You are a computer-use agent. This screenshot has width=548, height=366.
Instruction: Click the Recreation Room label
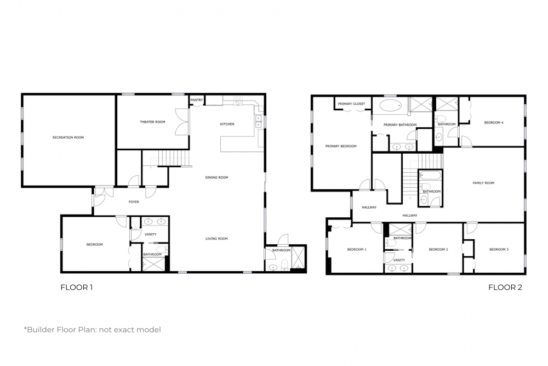click(x=68, y=138)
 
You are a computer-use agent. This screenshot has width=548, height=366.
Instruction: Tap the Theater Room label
click(x=152, y=122)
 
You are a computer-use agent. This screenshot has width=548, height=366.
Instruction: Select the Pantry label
click(x=197, y=100)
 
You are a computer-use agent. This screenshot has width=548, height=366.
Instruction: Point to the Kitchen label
click(x=227, y=124)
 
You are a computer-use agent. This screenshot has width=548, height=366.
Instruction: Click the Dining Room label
click(x=216, y=177)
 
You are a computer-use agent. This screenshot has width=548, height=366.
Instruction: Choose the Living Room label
click(x=216, y=239)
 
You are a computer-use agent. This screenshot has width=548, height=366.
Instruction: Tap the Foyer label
click(x=134, y=202)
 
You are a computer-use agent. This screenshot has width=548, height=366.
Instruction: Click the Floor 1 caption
click(x=77, y=288)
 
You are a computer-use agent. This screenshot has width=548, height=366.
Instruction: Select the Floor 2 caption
click(x=505, y=288)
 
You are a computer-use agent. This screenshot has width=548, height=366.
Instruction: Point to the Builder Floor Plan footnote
click(x=92, y=330)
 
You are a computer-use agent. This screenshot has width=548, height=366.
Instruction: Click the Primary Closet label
click(x=351, y=104)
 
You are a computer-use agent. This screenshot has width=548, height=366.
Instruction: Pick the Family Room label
click(x=483, y=183)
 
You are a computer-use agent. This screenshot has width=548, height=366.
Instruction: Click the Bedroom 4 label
click(x=494, y=123)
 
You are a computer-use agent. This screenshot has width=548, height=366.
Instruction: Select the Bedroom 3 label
click(x=499, y=250)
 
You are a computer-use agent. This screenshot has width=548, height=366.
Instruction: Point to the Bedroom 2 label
click(x=438, y=250)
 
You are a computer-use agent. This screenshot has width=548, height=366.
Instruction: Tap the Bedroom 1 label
click(x=357, y=250)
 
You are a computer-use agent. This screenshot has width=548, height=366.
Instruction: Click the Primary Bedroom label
click(x=341, y=147)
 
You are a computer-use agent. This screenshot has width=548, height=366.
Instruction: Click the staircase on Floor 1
click(x=173, y=158)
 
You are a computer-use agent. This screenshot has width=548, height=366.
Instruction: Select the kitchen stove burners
click(x=238, y=100)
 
